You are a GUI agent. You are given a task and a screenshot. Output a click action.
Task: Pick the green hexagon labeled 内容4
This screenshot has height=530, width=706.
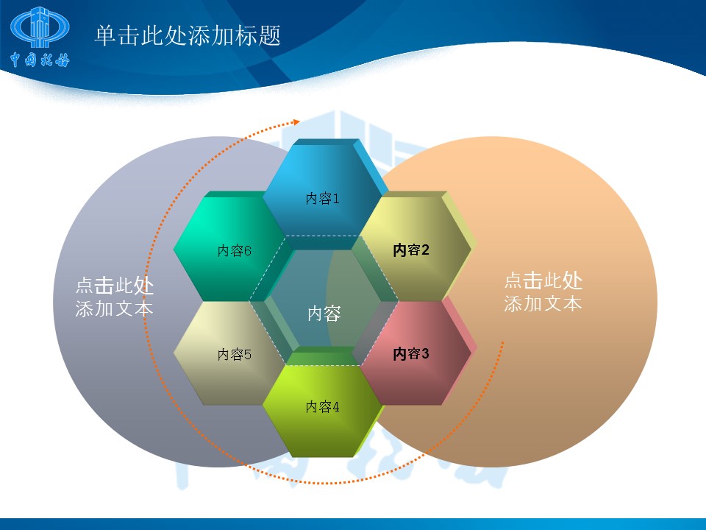point(323,406)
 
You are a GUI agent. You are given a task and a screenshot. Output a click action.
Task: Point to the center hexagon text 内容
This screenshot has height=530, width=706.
point(324,314)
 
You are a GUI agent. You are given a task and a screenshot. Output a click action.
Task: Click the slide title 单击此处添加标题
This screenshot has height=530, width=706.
point(188,35)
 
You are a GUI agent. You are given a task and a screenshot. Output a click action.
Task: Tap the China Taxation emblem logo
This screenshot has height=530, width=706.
point(40,27)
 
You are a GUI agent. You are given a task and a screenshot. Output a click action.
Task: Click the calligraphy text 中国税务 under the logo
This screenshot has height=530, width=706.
point(40,59)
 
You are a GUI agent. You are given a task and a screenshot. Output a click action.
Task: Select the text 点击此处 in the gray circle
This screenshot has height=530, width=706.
point(115,286)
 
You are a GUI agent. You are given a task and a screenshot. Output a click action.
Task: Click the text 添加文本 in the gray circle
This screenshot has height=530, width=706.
point(115,308)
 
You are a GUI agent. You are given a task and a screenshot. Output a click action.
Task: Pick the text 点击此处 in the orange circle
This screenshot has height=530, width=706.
point(543,280)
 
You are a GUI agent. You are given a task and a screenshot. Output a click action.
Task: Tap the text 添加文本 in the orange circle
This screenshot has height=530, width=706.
point(543,303)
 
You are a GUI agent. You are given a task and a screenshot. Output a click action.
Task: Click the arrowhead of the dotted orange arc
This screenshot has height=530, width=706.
point(296,121)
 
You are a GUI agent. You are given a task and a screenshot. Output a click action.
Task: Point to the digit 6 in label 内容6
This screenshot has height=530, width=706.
point(248,251)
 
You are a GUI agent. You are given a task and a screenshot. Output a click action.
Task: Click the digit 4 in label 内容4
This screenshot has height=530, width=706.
point(335,407)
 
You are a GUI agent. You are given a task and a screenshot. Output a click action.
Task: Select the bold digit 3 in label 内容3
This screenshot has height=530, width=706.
point(424,353)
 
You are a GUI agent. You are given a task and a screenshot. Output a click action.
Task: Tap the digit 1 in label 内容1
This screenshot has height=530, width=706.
point(335,198)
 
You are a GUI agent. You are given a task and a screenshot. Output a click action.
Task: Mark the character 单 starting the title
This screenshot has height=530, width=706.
point(106,35)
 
